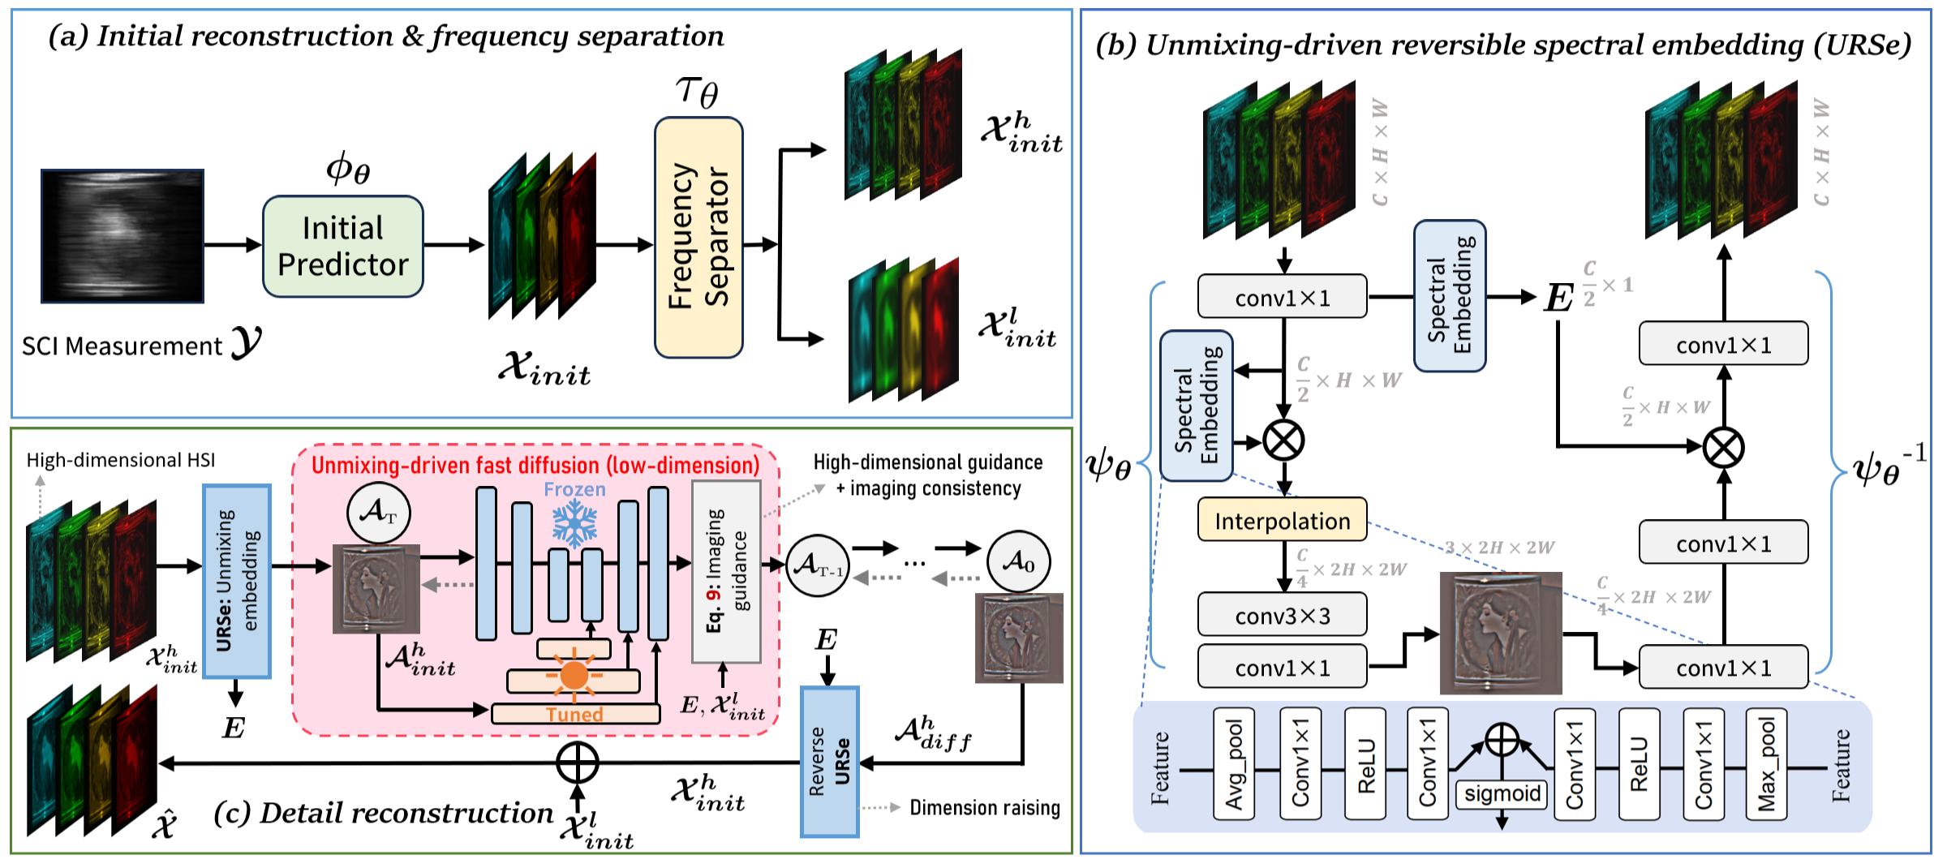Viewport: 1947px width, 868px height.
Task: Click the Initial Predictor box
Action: [x=342, y=247]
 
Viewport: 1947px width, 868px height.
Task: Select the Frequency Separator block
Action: [x=698, y=238]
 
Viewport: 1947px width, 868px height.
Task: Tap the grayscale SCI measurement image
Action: [x=122, y=236]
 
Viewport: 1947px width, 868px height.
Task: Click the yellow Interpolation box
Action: [x=1282, y=521]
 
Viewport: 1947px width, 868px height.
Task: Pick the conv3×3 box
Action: [x=1282, y=616]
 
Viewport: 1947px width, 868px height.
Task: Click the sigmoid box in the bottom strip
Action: [x=1502, y=793]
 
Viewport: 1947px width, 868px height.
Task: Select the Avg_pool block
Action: [x=1233, y=764]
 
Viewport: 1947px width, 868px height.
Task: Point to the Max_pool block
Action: [x=1765, y=764]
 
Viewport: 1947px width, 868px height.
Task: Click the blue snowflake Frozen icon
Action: [x=574, y=522]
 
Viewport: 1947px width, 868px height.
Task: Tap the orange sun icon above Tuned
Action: [x=574, y=674]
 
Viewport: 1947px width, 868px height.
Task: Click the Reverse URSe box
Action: [x=829, y=762]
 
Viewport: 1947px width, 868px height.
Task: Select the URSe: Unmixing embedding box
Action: [x=236, y=581]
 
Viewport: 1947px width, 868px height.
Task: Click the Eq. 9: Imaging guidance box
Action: [x=726, y=572]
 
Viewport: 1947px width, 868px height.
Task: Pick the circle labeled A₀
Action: [x=1018, y=561]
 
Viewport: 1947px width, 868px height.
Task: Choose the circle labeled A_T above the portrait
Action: [x=378, y=513]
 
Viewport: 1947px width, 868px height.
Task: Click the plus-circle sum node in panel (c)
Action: [x=577, y=763]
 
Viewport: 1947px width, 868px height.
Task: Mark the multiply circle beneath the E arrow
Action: [x=1723, y=447]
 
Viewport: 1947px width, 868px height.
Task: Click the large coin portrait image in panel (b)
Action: [x=1500, y=633]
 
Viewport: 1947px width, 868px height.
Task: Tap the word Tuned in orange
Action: [x=574, y=715]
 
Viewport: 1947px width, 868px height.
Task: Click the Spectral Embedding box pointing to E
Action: [x=1449, y=296]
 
